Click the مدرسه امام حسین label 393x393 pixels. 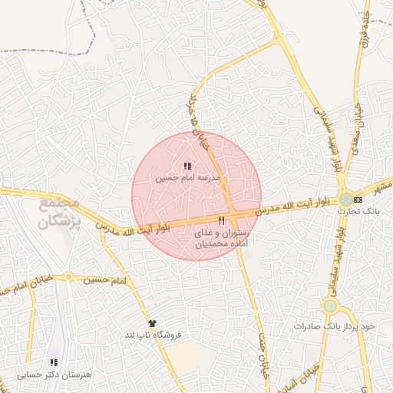188,177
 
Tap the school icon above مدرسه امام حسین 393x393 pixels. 188,165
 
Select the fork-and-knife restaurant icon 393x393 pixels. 221,220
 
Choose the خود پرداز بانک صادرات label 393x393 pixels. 335,326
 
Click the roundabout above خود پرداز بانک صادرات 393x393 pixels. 330,306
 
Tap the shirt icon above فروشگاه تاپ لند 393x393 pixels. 152,323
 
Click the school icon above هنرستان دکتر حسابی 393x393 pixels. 54,362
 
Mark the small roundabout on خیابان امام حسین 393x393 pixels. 68,276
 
